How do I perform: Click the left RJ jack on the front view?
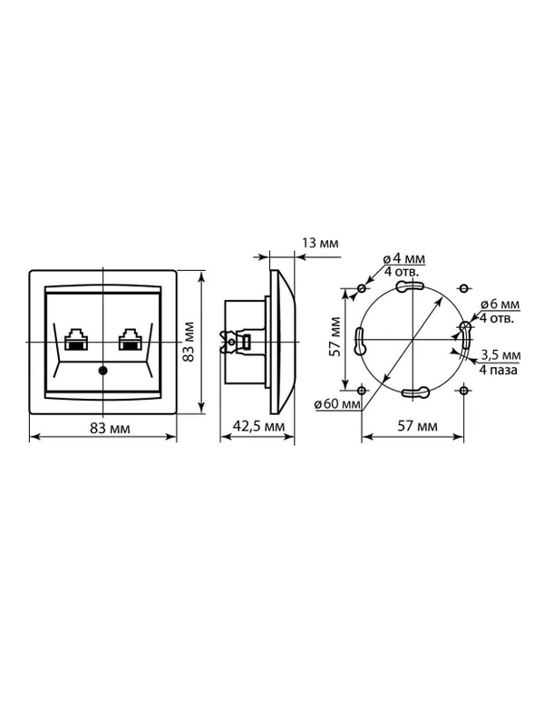tap(76, 339)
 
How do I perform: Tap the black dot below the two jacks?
tap(102, 371)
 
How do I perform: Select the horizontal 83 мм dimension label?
tap(110, 429)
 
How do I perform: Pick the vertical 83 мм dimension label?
tap(188, 342)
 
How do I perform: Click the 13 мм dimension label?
tap(320, 243)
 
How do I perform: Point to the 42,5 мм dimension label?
tap(258, 426)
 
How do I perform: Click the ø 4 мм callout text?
tap(404, 258)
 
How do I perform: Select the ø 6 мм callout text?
tap(500, 304)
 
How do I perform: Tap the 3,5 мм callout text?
tap(500, 355)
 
